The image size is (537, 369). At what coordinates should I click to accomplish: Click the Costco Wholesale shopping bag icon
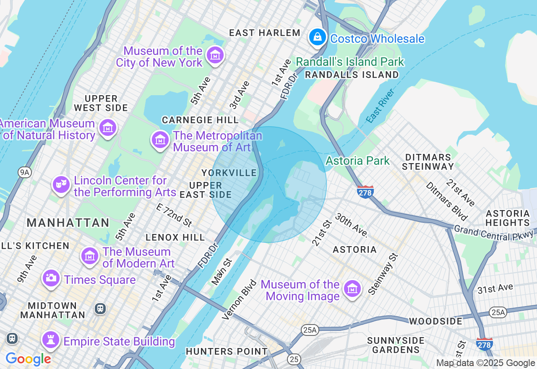(x=318, y=38)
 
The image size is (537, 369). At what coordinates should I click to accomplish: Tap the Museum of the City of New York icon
(x=215, y=55)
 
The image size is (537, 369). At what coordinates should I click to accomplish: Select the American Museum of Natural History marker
(x=108, y=127)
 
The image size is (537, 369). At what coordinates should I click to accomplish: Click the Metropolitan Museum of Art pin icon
(x=160, y=140)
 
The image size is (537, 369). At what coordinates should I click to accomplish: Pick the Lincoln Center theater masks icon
(x=61, y=184)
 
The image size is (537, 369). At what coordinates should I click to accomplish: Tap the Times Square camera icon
(x=51, y=278)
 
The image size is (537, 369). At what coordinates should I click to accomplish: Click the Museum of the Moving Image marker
(x=352, y=289)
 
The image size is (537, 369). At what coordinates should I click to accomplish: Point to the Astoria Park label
(x=357, y=161)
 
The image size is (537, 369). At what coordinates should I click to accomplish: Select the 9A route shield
(x=25, y=172)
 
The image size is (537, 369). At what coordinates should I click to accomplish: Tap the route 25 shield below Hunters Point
(x=294, y=359)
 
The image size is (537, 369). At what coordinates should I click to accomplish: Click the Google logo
(x=28, y=359)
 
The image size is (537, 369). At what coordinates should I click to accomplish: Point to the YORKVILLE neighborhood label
(x=229, y=173)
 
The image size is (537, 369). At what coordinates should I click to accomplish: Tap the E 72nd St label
(x=174, y=214)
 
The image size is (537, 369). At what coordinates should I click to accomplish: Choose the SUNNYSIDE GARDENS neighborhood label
(x=396, y=345)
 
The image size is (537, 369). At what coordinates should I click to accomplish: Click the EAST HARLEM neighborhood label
(x=265, y=33)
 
